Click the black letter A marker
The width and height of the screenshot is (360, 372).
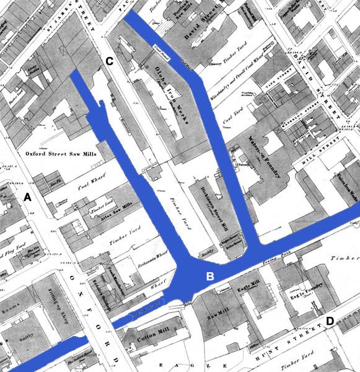coord(27,197)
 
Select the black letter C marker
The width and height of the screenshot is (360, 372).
coord(109,61)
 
